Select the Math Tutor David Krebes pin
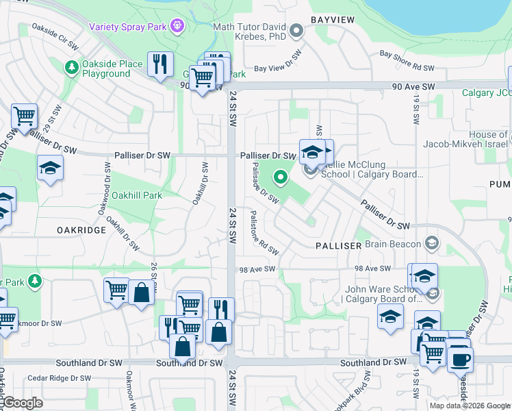pyautogui.click(x=296, y=30)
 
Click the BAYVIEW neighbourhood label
pyautogui.click(x=333, y=20)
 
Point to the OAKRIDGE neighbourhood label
pyautogui.click(x=81, y=230)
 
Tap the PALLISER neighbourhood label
pyautogui.click(x=338, y=245)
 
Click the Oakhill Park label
pyautogui.click(x=137, y=195)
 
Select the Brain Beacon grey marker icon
pyautogui.click(x=431, y=242)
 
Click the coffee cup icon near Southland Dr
pyautogui.click(x=460, y=358)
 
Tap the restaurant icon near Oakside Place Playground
pyautogui.click(x=160, y=64)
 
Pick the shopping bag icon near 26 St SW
pyautogui.click(x=141, y=292)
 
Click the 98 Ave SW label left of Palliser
pyautogui.click(x=257, y=269)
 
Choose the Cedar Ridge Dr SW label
pyautogui.click(x=59, y=378)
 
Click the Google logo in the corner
pyautogui.click(x=22, y=403)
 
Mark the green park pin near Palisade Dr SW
pyautogui.click(x=280, y=178)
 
